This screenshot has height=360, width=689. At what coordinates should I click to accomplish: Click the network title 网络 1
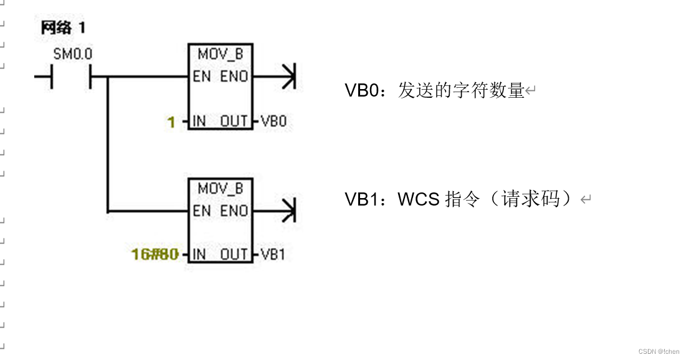pyautogui.click(x=63, y=28)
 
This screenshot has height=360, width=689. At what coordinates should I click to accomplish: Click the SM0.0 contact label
pyautogui.click(x=72, y=55)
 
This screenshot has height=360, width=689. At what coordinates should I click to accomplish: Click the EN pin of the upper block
pyautogui.click(x=201, y=77)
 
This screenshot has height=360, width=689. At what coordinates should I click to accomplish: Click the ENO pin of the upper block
pyautogui.click(x=234, y=77)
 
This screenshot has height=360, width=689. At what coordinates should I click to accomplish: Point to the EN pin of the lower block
pyautogui.click(x=201, y=211)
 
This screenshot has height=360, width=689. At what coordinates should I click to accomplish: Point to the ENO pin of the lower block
pyautogui.click(x=234, y=211)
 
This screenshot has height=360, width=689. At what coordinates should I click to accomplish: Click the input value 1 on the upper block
pyautogui.click(x=171, y=121)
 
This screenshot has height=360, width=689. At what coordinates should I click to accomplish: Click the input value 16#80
pyautogui.click(x=155, y=254)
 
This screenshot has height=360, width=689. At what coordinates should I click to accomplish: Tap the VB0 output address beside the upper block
pyautogui.click(x=273, y=121)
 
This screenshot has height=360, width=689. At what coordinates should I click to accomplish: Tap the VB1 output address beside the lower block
pyautogui.click(x=273, y=254)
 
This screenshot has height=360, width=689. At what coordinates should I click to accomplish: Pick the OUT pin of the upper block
pyautogui.click(x=234, y=121)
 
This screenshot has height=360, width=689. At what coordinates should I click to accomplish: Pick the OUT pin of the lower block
pyautogui.click(x=234, y=254)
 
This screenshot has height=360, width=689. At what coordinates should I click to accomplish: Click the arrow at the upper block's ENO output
pyautogui.click(x=287, y=77)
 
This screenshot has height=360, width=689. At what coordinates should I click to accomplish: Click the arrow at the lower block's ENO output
pyautogui.click(x=287, y=211)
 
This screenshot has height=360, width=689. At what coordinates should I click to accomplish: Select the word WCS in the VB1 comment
pyautogui.click(x=419, y=199)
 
